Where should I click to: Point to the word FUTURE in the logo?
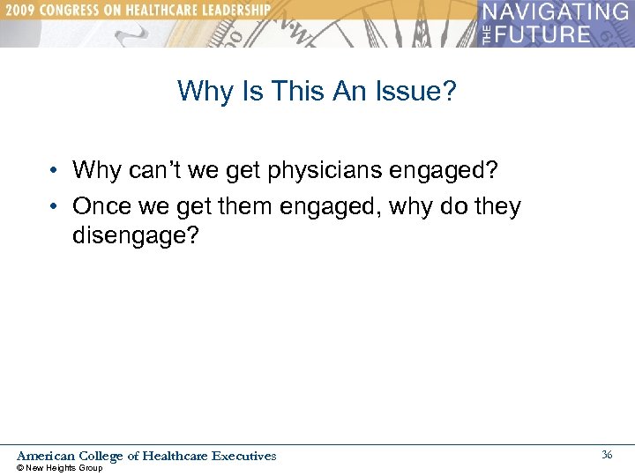[x=545, y=34]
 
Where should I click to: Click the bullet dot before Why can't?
[x=55, y=169]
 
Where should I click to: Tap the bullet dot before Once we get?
[x=55, y=207]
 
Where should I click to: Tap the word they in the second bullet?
[x=496, y=206]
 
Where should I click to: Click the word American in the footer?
[x=46, y=456]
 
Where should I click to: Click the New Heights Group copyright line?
[x=60, y=468]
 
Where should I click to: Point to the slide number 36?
[x=607, y=455]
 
